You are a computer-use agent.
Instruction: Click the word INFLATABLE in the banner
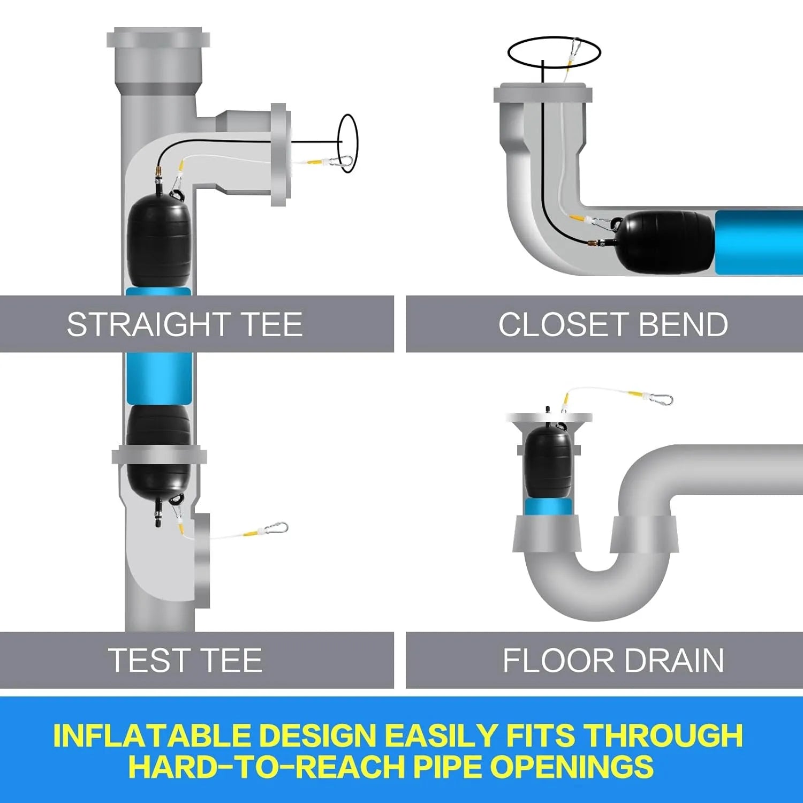(151, 736)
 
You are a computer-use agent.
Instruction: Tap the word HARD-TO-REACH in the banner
(266, 767)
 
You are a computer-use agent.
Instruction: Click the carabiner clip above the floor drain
(658, 399)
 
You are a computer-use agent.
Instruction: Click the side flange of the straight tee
(281, 155)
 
